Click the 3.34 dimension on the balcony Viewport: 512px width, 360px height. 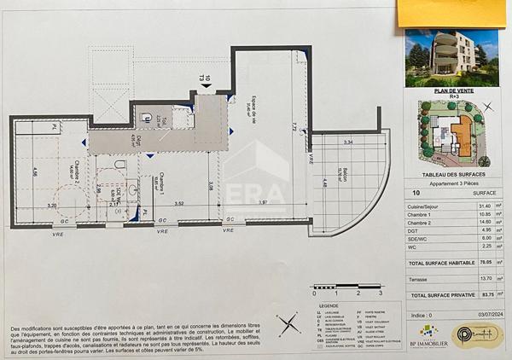point(348,142)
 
